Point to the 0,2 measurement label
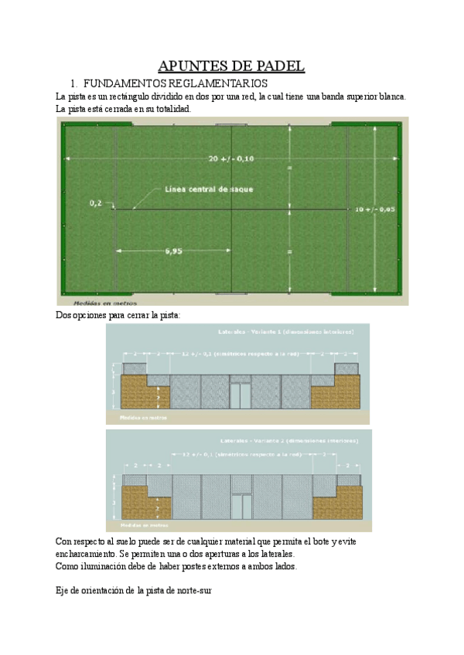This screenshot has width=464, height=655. tap(96, 203)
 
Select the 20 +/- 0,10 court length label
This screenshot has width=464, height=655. tap(231, 158)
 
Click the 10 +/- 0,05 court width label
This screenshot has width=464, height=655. tap(375, 209)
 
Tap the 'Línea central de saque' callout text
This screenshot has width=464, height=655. tap(208, 188)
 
